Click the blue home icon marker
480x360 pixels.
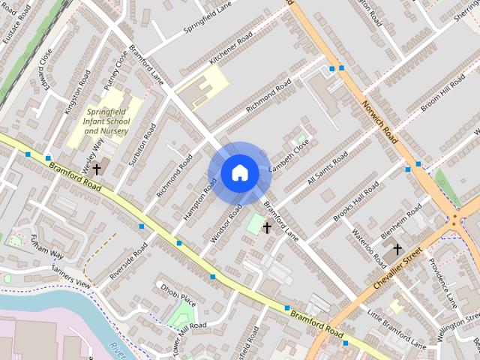tap(239, 173)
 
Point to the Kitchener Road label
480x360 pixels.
tap(232, 47)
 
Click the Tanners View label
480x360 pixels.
tap(71, 280)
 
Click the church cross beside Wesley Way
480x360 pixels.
tap(97, 170)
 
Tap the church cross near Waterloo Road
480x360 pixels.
tap(397, 249)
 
